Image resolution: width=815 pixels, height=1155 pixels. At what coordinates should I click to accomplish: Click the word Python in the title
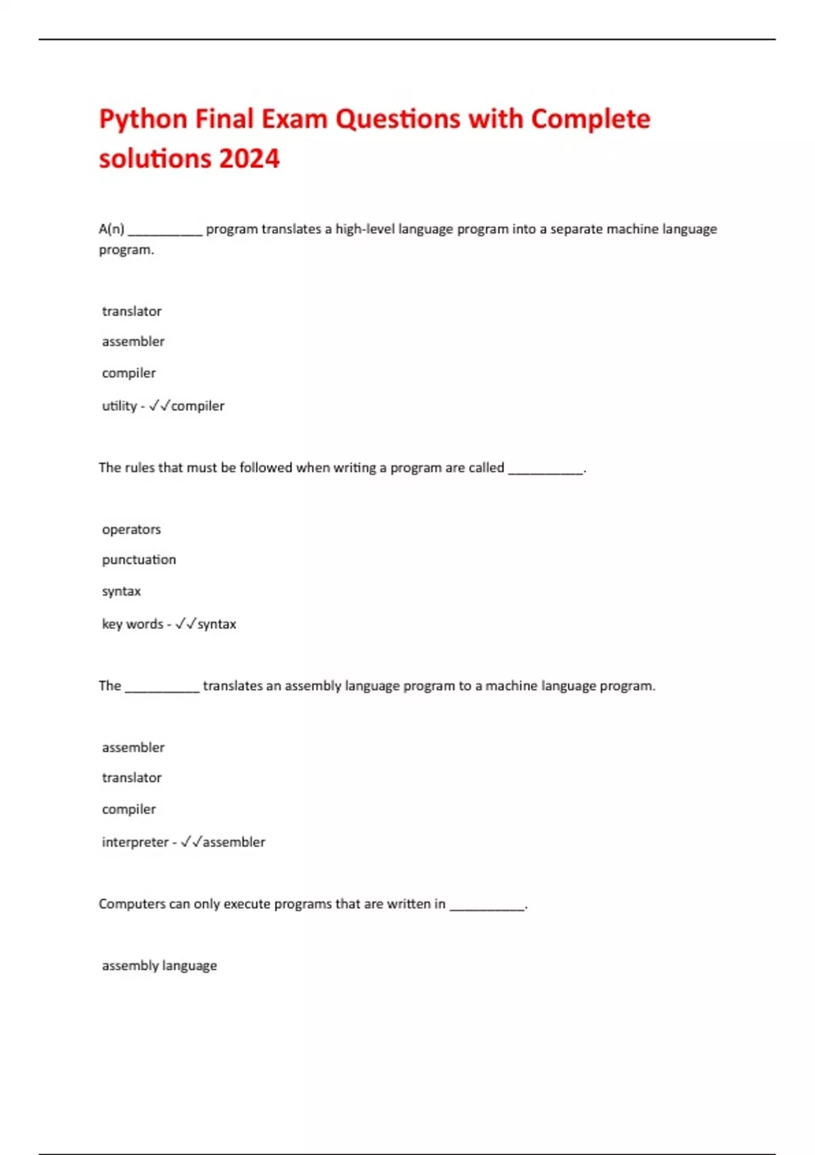pyautogui.click(x=143, y=120)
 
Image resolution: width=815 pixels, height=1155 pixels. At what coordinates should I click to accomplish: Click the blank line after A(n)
pyautogui.click(x=165, y=231)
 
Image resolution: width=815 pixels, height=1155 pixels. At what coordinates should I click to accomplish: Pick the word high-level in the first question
pyautogui.click(x=365, y=229)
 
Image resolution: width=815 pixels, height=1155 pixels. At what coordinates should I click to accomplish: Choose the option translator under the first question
pyautogui.click(x=132, y=311)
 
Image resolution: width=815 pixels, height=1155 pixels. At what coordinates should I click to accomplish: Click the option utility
pyautogui.click(x=120, y=406)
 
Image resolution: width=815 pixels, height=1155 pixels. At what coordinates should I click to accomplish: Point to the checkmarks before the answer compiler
pyautogui.click(x=159, y=406)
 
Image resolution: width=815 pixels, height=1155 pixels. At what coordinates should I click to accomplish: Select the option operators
pyautogui.click(x=131, y=529)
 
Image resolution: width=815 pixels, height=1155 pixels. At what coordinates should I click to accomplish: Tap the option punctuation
pyautogui.click(x=139, y=560)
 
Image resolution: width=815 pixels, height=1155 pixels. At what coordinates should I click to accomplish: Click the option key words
pyautogui.click(x=132, y=624)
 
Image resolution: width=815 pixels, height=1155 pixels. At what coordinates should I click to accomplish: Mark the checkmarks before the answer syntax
pyautogui.click(x=185, y=624)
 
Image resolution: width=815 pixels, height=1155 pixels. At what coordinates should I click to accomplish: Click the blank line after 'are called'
pyautogui.click(x=545, y=470)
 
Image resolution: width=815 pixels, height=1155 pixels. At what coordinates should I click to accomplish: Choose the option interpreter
pyautogui.click(x=135, y=842)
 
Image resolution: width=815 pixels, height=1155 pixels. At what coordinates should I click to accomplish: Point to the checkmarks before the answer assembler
pyautogui.click(x=191, y=842)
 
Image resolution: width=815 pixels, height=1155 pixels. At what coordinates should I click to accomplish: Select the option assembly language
pyautogui.click(x=160, y=965)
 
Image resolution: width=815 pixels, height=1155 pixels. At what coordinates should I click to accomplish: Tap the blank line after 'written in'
pyautogui.click(x=487, y=906)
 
